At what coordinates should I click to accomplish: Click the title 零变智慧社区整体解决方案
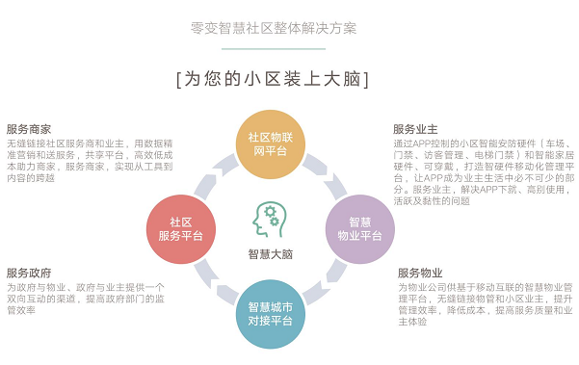tap(274, 28)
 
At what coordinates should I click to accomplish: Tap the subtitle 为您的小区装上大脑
tap(274, 78)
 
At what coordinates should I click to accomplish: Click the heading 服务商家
tap(29, 129)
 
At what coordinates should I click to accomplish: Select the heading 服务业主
tap(415, 129)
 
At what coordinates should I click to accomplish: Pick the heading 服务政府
tap(29, 273)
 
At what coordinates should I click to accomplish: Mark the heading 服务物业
tap(420, 273)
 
